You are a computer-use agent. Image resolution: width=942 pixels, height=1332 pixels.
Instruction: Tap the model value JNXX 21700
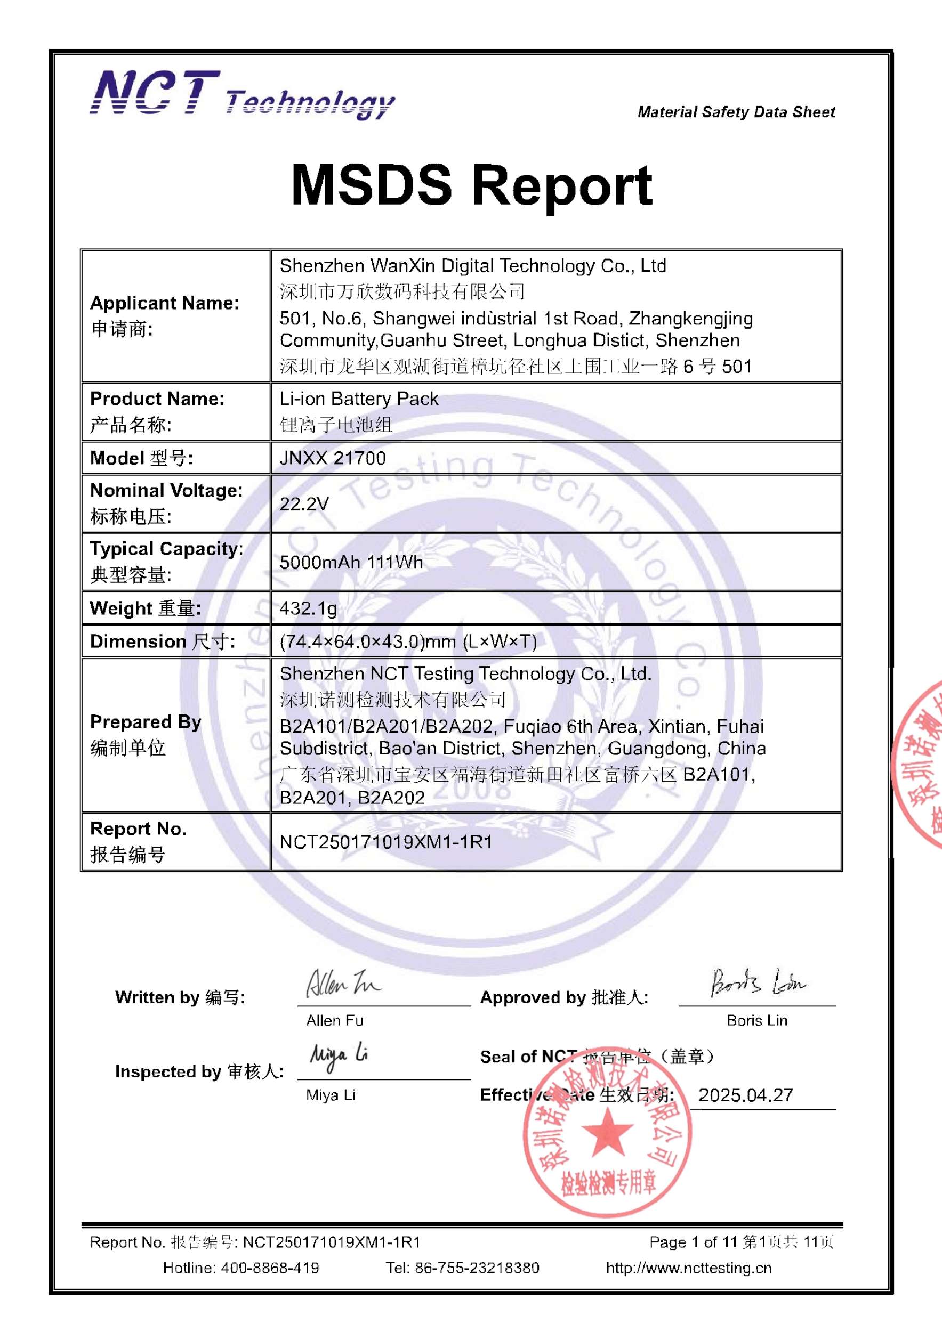[333, 458]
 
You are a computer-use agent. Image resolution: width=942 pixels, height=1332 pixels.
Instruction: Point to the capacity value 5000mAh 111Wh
[351, 562]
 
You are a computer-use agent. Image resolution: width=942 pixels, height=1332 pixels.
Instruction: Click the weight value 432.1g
[308, 608]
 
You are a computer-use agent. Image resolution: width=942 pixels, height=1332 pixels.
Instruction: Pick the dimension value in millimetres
[408, 641]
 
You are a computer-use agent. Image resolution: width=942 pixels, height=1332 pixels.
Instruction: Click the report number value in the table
[386, 842]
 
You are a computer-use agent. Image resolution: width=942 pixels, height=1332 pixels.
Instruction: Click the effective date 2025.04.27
[745, 1095]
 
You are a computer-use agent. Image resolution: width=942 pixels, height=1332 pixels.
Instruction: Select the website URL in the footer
[689, 1268]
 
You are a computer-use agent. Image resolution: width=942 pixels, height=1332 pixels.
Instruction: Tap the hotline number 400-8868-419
[269, 1268]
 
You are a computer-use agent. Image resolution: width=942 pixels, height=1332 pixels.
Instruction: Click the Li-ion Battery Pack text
[359, 399]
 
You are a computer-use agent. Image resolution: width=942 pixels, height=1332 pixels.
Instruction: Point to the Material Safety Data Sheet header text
[736, 112]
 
